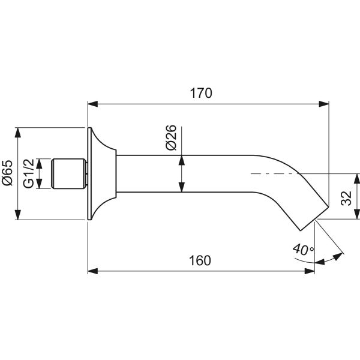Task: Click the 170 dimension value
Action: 202,94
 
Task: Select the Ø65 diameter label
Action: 7,173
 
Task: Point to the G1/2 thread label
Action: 29,174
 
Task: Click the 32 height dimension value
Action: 346,199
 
